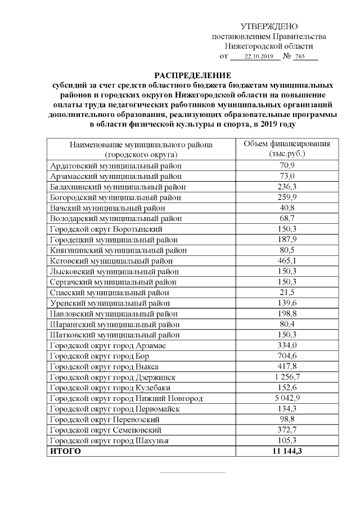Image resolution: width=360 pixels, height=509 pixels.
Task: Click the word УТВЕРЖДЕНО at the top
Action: click(269, 26)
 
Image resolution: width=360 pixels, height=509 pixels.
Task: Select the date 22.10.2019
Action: click(258, 57)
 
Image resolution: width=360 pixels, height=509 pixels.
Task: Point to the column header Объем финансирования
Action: click(287, 144)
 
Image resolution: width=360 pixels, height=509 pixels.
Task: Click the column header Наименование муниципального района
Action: click(141, 145)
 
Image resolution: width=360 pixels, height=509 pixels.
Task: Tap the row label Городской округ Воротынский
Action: click(106, 229)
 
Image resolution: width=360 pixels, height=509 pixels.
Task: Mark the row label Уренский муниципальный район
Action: click(112, 303)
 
